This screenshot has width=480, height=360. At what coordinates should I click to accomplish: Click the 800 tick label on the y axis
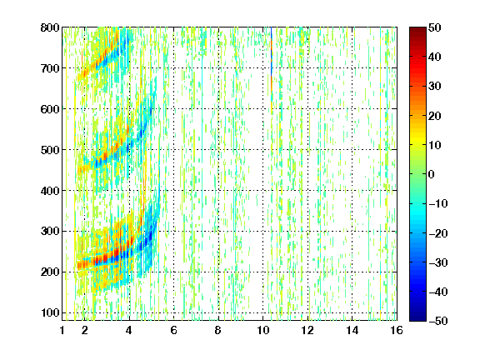(x=50, y=27)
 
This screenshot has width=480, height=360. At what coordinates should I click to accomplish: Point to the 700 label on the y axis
(x=50, y=68)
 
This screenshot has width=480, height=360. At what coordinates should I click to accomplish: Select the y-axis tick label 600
(x=50, y=109)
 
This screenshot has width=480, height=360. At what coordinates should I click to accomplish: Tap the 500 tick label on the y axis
(x=50, y=150)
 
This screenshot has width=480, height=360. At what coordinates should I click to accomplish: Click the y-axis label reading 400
(x=50, y=191)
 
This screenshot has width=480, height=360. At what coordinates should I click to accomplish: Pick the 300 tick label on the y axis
(x=50, y=232)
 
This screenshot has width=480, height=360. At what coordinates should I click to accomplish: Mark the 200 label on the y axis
(x=50, y=272)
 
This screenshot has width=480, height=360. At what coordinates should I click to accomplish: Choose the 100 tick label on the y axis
(x=50, y=312)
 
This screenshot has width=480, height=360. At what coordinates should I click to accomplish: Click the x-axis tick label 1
(x=62, y=330)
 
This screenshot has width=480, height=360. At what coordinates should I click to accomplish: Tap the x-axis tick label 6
(x=173, y=330)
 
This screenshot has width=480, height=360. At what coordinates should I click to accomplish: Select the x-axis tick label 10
(x=263, y=330)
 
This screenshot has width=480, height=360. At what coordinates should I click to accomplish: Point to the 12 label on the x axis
(x=307, y=330)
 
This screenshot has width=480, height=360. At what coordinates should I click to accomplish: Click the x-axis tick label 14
(x=352, y=330)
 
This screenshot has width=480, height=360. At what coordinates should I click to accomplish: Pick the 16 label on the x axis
(x=397, y=330)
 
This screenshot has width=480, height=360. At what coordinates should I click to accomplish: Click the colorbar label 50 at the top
(x=434, y=27)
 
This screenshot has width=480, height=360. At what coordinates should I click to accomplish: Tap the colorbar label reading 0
(x=432, y=174)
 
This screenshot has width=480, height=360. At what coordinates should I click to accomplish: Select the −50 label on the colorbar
(x=438, y=321)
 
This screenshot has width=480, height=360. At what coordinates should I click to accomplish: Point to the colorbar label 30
(x=434, y=87)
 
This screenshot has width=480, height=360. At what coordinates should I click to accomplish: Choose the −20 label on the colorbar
(x=438, y=233)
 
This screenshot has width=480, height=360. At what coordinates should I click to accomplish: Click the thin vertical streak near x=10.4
(x=271, y=67)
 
